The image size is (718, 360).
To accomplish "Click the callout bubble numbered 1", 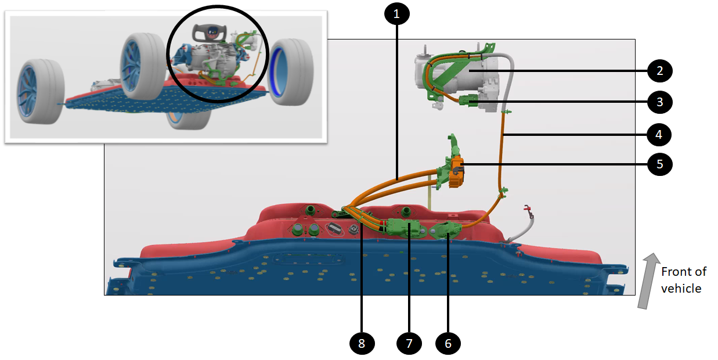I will [x=396, y=15].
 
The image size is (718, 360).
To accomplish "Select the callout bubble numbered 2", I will [x=660, y=71].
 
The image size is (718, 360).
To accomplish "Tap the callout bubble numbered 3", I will [x=660, y=102].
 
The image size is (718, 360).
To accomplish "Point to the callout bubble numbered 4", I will [x=660, y=135].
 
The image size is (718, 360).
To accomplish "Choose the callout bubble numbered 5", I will [x=660, y=164].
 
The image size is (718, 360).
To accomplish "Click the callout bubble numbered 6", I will [x=448, y=343].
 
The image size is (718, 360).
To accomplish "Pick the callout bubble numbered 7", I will [x=409, y=343].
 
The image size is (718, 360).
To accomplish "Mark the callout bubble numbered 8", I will [x=362, y=343].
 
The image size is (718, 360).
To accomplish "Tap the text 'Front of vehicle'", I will [x=684, y=280].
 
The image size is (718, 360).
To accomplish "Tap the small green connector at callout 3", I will [x=469, y=103].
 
